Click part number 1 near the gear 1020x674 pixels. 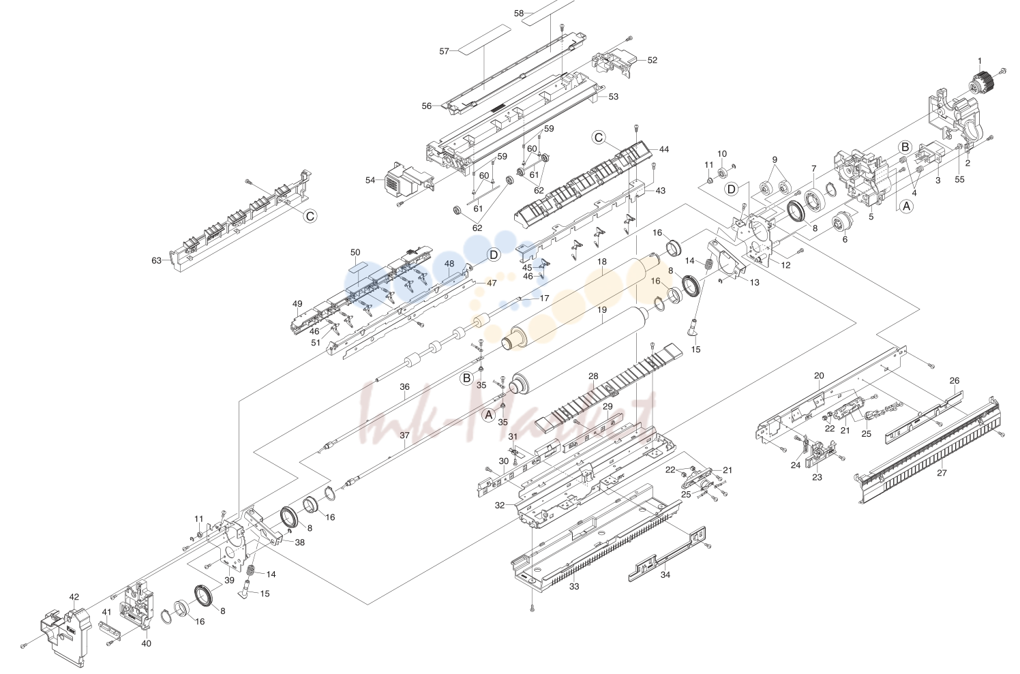coord(980,61)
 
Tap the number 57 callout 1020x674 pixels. coord(444,51)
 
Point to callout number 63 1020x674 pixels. coord(157,260)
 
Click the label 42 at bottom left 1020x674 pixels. coord(74,596)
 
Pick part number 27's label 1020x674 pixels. coord(942,473)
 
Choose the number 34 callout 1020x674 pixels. coord(665,575)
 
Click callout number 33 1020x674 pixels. coord(574,587)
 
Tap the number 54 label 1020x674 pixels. coord(370,180)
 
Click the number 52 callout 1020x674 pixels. coord(652,60)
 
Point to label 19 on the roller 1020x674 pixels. coord(602,310)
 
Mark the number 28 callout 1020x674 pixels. coord(593,376)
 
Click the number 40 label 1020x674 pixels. coord(146,643)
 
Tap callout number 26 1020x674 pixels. coord(955,380)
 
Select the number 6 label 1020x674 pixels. coord(845,239)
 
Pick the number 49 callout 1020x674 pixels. coord(297,304)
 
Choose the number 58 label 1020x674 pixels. coord(519,14)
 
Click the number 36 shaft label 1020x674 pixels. coord(405,387)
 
